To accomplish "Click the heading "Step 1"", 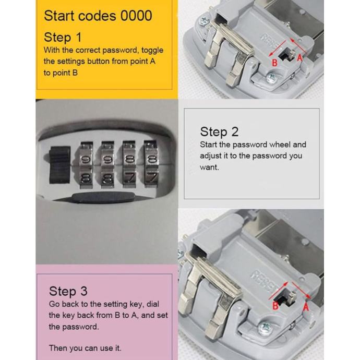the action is coord(63,37).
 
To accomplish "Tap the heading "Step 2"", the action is coord(219,132).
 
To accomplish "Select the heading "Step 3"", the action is coord(68,291).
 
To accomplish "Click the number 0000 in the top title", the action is coord(136,16).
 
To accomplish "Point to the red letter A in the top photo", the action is coord(299,58).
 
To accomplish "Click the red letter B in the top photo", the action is coord(274,63).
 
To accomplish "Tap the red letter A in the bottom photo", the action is coord(306,306).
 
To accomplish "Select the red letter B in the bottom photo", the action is coord(275,306).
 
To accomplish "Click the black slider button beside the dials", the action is coord(59,165).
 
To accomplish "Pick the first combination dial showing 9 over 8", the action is coord(86,165).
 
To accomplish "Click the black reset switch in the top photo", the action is coord(285,55).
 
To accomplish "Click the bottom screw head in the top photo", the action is coord(272,79).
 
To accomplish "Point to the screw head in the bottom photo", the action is coord(265,328).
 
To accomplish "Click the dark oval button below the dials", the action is coord(103,197).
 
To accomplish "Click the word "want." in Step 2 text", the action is coord(209,167).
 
